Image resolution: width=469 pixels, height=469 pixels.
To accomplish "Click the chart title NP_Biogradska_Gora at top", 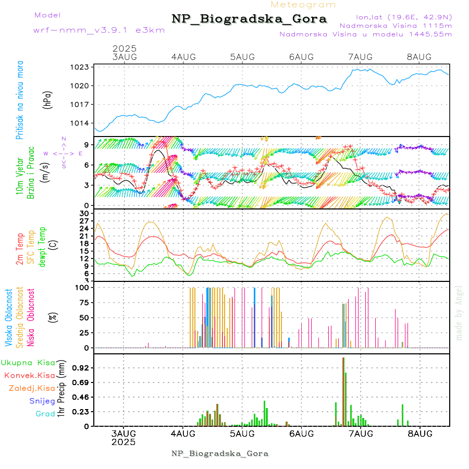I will point(249,19).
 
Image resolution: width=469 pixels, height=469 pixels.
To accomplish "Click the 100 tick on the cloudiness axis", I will point(83,287).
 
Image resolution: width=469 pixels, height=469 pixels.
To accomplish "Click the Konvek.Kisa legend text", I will point(30,375).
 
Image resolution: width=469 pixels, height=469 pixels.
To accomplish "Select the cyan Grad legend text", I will point(45,414).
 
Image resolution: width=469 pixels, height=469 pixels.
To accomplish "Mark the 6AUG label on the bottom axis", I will point(301,434).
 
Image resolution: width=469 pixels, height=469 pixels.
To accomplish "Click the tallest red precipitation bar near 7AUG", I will point(343,391).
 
